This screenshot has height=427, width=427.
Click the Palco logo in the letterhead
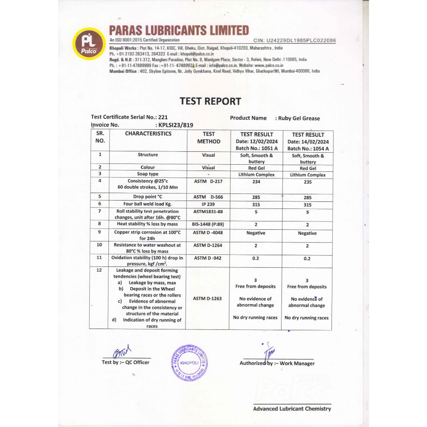pyautogui.click(x=89, y=43)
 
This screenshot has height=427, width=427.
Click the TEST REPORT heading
pyautogui.click(x=210, y=101)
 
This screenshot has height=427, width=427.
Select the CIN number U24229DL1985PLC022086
pyautogui.click(x=294, y=40)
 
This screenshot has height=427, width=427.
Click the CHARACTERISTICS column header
pyautogui.click(x=148, y=134)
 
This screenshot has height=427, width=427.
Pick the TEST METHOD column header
pyautogui.click(x=208, y=138)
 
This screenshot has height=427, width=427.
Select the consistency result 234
pyautogui.click(x=256, y=181)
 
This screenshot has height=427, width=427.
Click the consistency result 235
pyautogui.click(x=308, y=182)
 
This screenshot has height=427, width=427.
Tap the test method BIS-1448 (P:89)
pyautogui.click(x=208, y=224)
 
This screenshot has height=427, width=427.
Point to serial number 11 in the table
pyautogui.click(x=99, y=258)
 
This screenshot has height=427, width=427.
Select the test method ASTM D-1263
pyautogui.click(x=207, y=299)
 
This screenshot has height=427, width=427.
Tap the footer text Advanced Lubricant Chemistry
pyautogui.click(x=292, y=409)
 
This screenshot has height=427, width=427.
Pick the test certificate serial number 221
pyautogui.click(x=163, y=117)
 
